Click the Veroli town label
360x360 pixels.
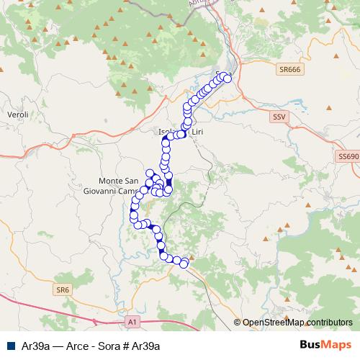click(17, 114)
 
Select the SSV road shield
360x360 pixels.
click(279, 116)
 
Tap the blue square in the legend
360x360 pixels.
click(10, 346)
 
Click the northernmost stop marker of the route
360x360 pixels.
click(221, 74)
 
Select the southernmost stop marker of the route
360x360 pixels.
click(184, 264)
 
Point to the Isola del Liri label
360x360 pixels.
click(176, 132)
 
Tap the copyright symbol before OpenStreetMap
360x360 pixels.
click(238, 323)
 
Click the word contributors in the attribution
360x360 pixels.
click(329, 323)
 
